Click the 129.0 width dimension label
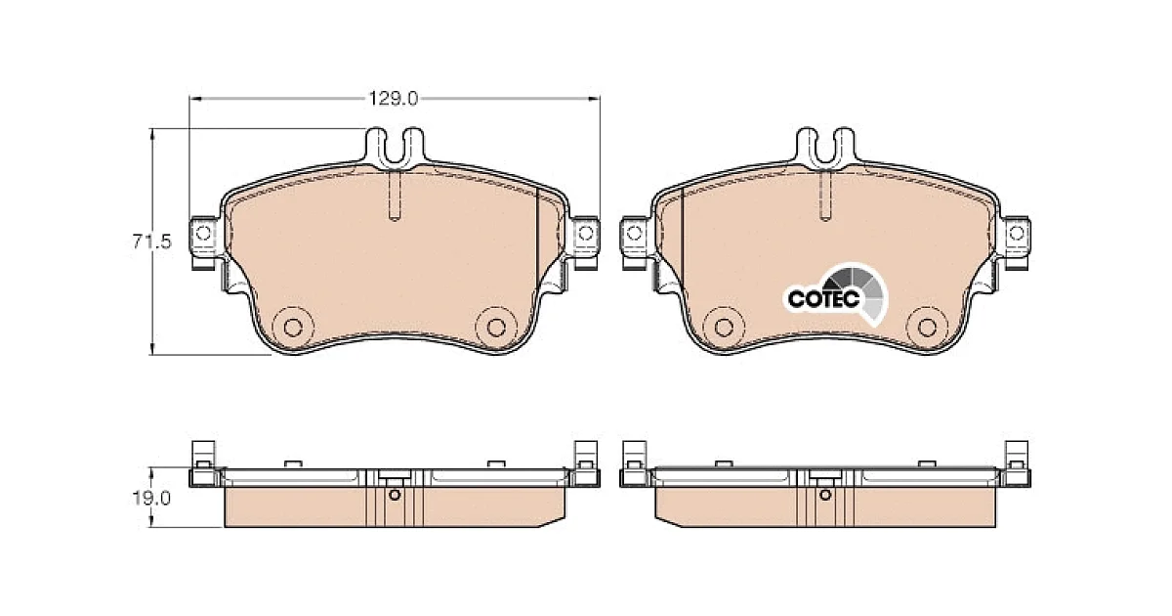click(394, 99)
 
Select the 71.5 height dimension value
click(151, 242)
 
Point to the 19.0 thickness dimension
click(151, 498)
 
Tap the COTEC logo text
click(823, 299)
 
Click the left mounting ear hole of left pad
click(203, 233)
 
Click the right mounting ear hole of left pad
click(585, 233)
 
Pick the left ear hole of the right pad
click(634, 233)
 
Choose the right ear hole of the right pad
click(1016, 233)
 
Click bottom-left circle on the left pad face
click(292, 328)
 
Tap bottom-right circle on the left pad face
click(496, 328)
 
